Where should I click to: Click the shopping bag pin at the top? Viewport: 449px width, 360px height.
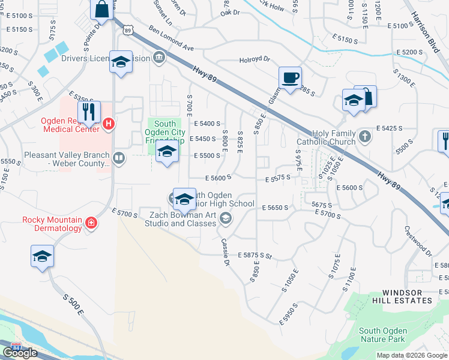point(102,10)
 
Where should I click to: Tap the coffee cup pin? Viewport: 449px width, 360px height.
point(290,78)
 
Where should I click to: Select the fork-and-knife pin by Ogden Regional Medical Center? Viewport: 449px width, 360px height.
point(89,112)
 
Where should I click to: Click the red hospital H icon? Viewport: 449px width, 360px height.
point(108,125)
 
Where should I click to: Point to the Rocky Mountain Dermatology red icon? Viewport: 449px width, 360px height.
point(91,224)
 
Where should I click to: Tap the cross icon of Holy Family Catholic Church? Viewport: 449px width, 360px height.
point(364,137)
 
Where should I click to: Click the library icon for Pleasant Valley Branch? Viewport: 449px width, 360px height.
point(119,159)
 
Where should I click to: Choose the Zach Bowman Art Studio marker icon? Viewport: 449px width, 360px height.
point(225,218)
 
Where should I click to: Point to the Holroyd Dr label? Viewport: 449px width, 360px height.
point(255,59)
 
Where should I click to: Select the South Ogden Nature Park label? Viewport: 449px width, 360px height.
point(383,335)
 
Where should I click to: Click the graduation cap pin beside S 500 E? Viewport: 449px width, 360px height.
point(42,256)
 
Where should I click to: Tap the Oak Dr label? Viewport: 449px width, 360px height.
point(229,13)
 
